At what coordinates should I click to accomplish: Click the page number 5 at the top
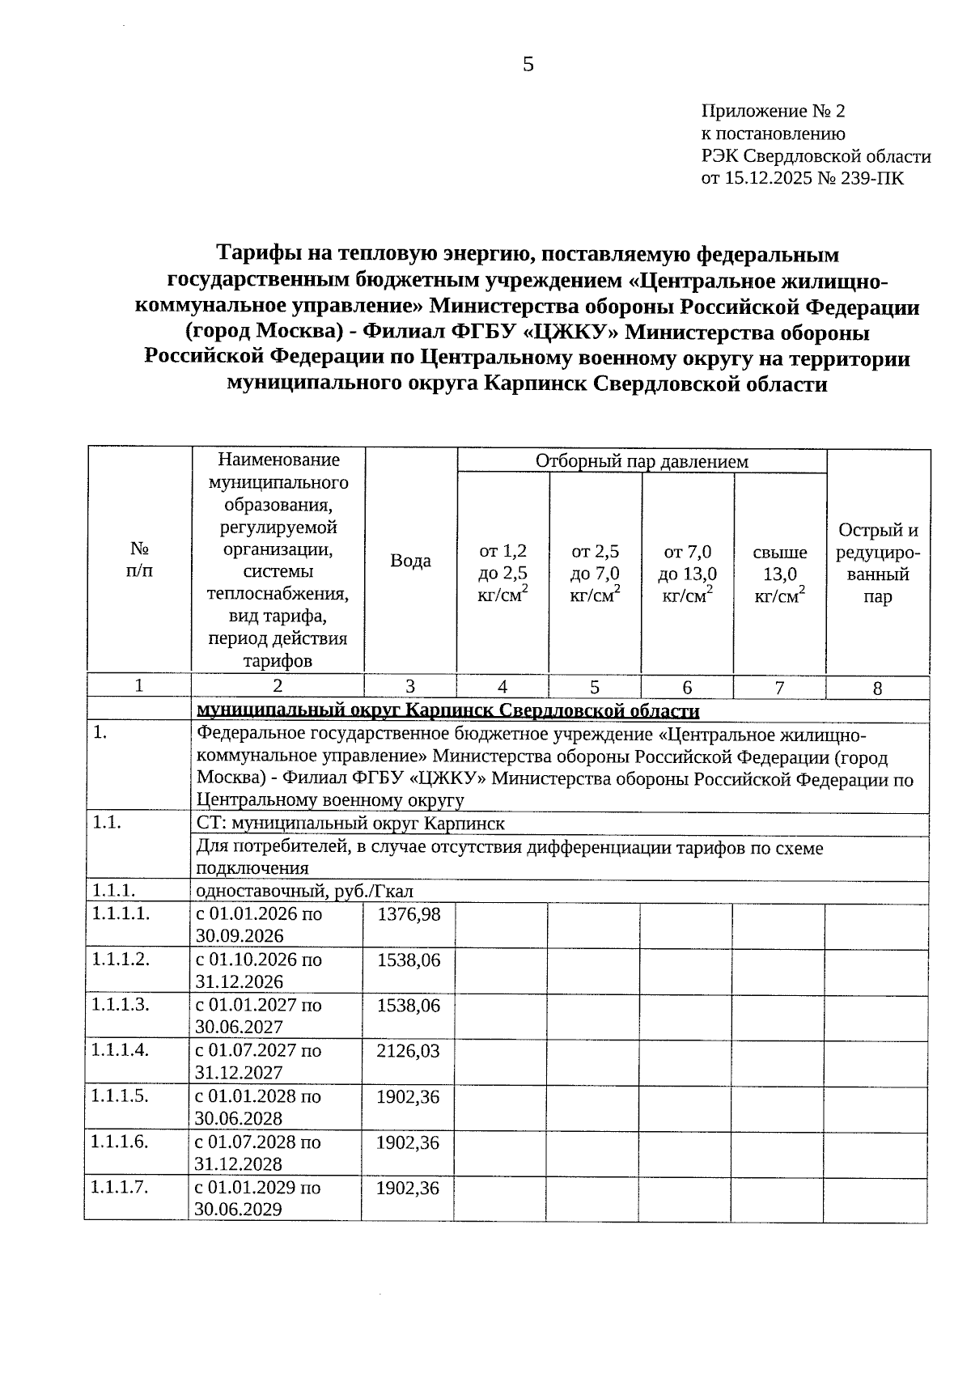pyautogui.click(x=528, y=65)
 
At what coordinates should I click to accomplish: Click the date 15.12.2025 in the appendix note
pyautogui.click(x=772, y=179)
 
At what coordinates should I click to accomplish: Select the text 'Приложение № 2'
pyautogui.click(x=773, y=111)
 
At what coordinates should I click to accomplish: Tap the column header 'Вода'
pyautogui.click(x=410, y=561)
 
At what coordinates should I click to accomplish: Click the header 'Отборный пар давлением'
pyautogui.click(x=642, y=461)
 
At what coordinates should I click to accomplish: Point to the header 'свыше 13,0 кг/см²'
pyautogui.click(x=779, y=574)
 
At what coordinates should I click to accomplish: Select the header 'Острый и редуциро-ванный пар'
pyautogui.click(x=878, y=564)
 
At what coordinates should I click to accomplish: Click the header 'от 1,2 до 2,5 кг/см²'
pyautogui.click(x=502, y=574)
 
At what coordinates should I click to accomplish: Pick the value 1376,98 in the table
pyautogui.click(x=408, y=913)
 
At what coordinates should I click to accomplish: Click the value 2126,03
pyautogui.click(x=408, y=1050)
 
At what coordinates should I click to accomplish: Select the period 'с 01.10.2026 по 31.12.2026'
pyautogui.click(x=258, y=970)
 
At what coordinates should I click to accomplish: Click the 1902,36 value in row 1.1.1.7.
pyautogui.click(x=408, y=1188)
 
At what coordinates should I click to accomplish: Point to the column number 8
pyautogui.click(x=877, y=689)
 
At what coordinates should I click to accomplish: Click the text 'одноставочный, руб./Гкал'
pyautogui.click(x=305, y=891)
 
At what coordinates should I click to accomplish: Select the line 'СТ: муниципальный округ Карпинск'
pyautogui.click(x=350, y=824)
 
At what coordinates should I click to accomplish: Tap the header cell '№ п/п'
pyautogui.click(x=139, y=559)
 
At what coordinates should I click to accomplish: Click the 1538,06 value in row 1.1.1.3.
pyautogui.click(x=408, y=1005)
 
